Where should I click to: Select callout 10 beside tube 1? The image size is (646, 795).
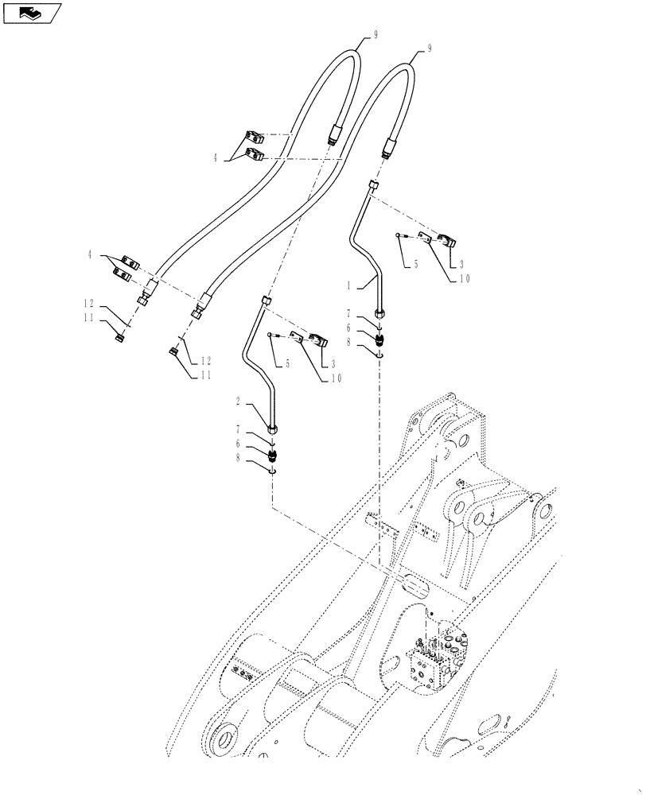point(465,277)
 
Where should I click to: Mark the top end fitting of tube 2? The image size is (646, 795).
point(266,300)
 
